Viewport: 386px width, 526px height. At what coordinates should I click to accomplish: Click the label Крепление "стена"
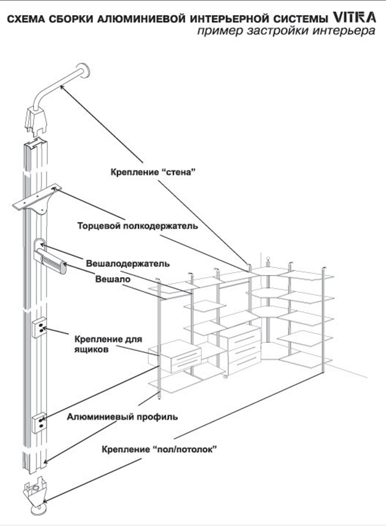pyautogui.click(x=151, y=172)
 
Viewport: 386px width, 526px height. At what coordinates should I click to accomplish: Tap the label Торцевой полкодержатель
pyautogui.click(x=137, y=226)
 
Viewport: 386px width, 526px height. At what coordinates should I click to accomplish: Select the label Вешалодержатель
pyautogui.click(x=128, y=263)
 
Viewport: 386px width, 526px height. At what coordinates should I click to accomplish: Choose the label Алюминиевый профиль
pyautogui.click(x=122, y=417)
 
